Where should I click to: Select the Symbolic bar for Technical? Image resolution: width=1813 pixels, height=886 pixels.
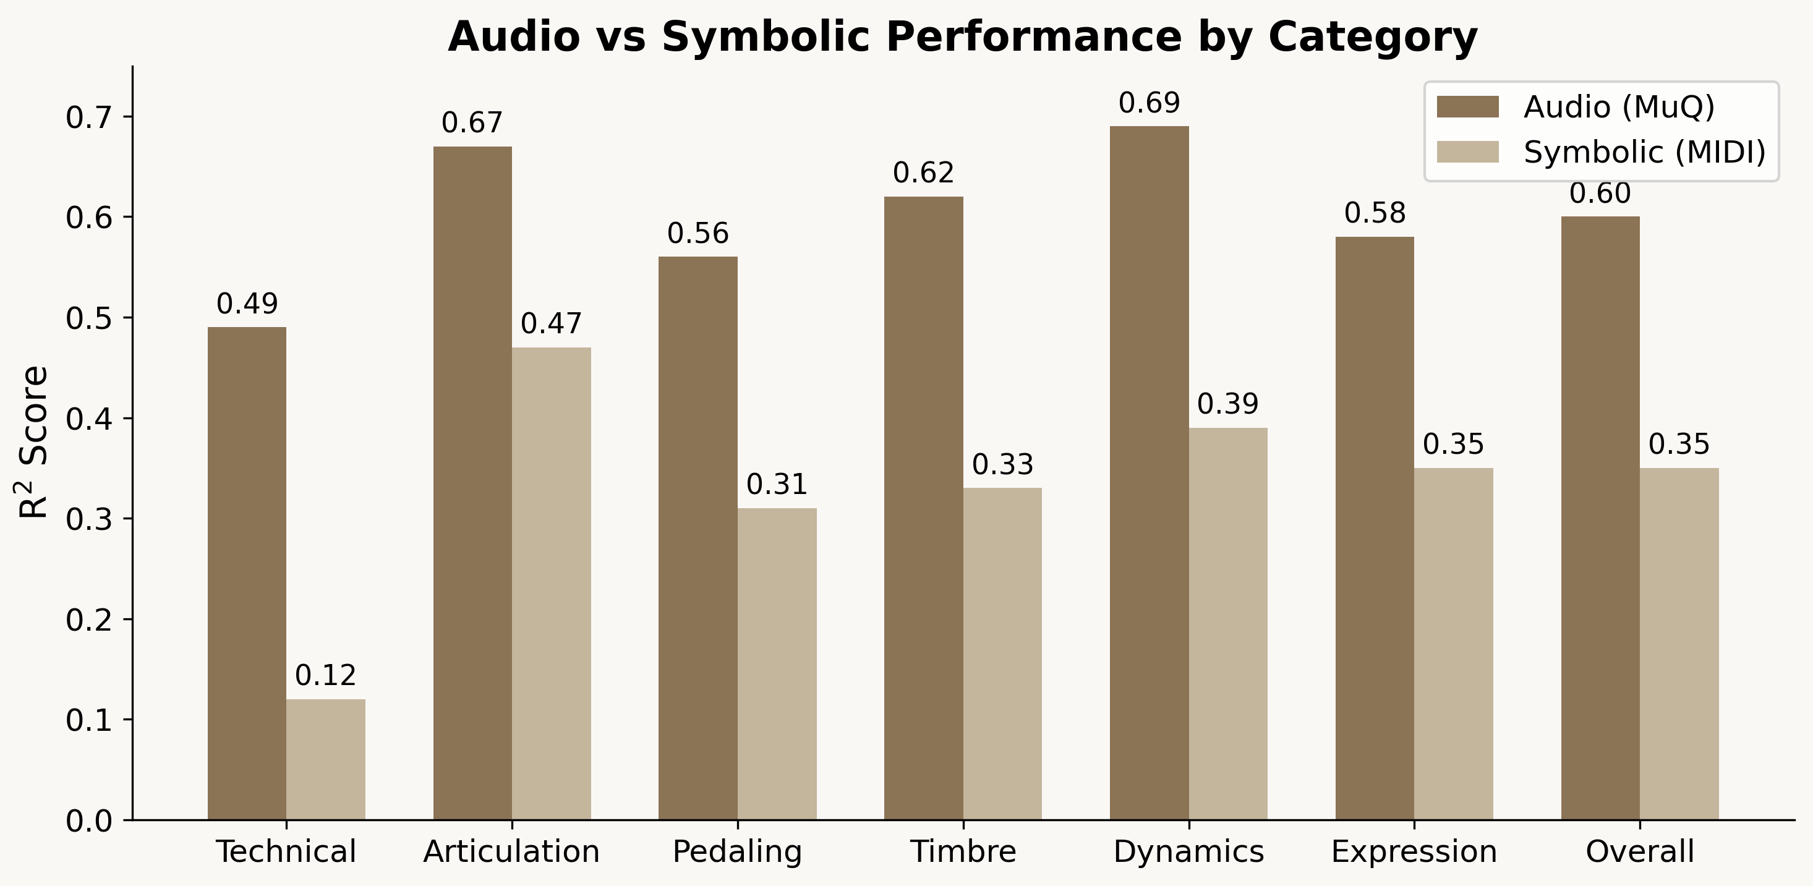click(x=325, y=759)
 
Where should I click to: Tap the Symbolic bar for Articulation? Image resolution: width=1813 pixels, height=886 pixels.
click(x=551, y=584)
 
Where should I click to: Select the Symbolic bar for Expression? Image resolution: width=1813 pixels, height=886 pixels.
click(x=1453, y=644)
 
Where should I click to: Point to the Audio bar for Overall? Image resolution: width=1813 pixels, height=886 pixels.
click(x=1600, y=518)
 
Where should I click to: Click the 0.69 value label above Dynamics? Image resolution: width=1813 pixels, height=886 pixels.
click(x=1149, y=103)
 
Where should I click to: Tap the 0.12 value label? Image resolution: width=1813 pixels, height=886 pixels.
click(x=325, y=676)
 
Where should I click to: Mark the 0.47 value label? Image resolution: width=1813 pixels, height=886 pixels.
click(x=551, y=324)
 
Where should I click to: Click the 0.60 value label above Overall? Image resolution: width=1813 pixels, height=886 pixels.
click(x=1600, y=194)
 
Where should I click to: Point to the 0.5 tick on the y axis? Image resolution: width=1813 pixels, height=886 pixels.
click(x=88, y=318)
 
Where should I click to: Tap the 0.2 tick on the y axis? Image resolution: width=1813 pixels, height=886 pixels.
click(x=88, y=620)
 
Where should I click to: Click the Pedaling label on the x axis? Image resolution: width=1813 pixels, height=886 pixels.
click(x=737, y=851)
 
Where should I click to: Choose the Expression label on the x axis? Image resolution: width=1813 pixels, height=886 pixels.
click(x=1414, y=851)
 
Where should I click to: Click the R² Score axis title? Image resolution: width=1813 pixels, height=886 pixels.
click(x=33, y=442)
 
